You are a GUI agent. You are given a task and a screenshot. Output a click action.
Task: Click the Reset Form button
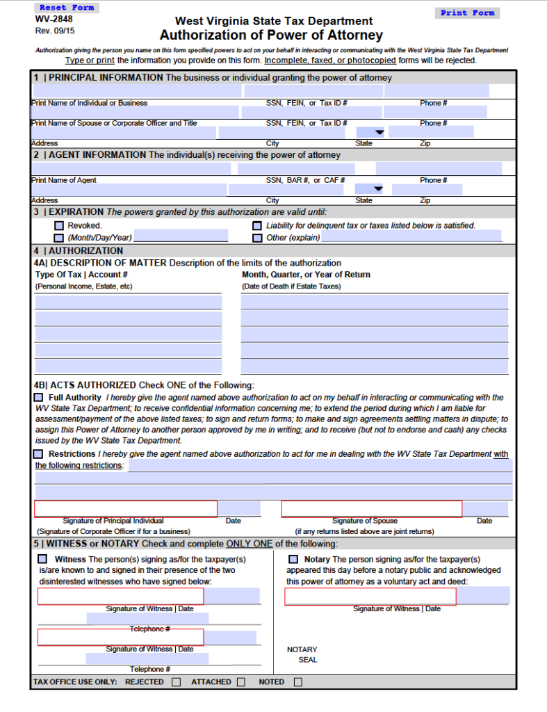click(x=67, y=8)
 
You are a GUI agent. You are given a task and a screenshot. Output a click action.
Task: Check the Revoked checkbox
click(x=59, y=226)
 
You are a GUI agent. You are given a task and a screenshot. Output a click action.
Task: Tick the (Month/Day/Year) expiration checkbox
click(x=59, y=238)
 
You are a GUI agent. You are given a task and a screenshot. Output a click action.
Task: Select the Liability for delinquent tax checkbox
click(x=257, y=226)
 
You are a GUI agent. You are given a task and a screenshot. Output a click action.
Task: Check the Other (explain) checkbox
click(x=257, y=238)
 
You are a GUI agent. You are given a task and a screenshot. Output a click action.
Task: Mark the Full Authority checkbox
click(x=39, y=397)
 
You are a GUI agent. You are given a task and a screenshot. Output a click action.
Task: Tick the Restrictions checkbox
click(x=39, y=454)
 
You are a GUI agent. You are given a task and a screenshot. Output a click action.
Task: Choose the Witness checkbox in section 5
click(x=43, y=559)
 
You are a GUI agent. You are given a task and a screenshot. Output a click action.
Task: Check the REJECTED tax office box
click(x=176, y=682)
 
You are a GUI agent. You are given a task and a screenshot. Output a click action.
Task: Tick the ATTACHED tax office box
click(x=240, y=682)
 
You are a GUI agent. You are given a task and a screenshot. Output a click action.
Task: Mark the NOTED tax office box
click(x=297, y=682)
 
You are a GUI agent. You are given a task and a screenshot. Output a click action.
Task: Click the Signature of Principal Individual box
click(x=126, y=509)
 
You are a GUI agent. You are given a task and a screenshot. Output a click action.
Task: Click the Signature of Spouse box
click(x=371, y=509)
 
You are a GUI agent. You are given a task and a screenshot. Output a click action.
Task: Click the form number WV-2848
click(x=54, y=19)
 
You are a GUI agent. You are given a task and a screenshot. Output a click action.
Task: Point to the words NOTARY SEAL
click(x=302, y=654)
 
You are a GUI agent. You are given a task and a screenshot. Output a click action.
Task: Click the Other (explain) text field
click(x=411, y=236)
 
